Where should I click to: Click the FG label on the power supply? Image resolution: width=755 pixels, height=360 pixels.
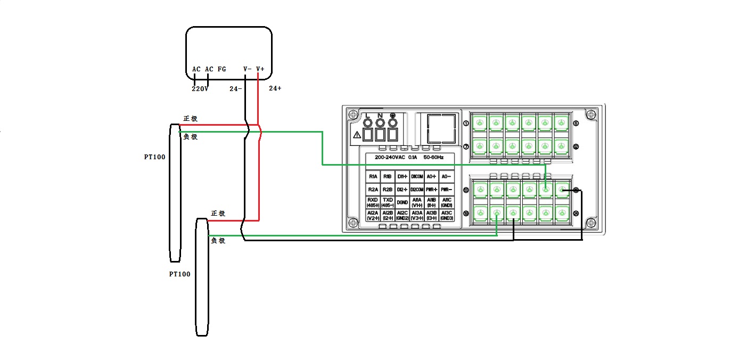coord(222,69)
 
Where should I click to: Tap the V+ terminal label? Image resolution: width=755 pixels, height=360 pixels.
coord(260,69)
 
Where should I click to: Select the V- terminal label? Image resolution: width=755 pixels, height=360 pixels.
coord(248,69)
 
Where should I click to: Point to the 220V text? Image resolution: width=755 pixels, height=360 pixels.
coord(200,89)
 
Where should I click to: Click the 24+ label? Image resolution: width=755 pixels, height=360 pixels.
coord(275,88)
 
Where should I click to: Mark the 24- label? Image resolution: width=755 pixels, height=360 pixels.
coord(235,89)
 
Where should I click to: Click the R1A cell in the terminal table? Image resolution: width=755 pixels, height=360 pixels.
coord(373,176)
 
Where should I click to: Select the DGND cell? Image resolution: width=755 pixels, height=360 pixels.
coord(403,202)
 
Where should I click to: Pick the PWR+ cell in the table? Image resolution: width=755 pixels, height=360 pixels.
coord(432,189)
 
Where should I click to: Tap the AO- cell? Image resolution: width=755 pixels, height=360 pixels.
coord(447,176)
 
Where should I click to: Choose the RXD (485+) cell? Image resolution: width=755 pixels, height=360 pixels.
coord(373,202)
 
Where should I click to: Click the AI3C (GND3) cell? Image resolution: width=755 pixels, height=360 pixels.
coord(447,215)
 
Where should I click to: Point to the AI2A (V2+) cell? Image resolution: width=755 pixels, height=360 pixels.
coord(373,215)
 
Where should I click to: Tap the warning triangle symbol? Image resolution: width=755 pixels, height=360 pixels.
coord(357,135)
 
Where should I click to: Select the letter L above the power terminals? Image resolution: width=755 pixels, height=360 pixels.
coord(367,116)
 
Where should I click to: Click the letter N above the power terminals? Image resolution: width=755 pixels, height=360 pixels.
coord(380,116)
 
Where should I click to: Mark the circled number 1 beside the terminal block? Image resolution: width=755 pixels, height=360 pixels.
coord(466,124)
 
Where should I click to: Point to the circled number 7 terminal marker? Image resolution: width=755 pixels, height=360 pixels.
coord(466,146)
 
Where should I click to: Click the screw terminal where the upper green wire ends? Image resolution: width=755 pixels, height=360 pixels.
coord(545,190)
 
